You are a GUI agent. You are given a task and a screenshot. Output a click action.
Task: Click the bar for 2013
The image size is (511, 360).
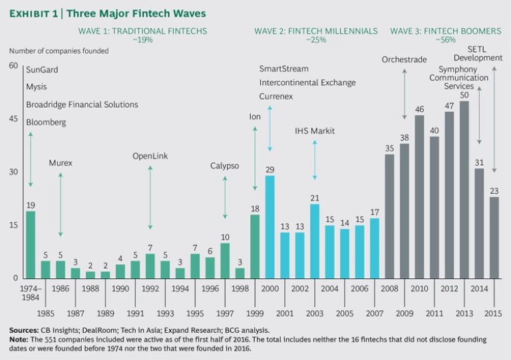pos(464,190)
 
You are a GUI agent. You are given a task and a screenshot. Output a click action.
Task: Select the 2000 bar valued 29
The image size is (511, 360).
pos(269,227)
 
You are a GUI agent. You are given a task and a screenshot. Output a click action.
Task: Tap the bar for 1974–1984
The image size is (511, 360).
pos(31,244)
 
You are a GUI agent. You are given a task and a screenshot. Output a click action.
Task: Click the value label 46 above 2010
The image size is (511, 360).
pos(419,109)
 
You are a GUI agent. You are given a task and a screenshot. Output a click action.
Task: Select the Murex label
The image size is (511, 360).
pos(60,163)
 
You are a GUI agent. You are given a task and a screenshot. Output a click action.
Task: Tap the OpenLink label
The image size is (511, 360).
pos(150,156)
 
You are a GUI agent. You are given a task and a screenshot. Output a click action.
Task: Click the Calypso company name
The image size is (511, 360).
pos(225,166)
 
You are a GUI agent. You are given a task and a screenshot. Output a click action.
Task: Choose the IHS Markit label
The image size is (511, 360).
pos(315,131)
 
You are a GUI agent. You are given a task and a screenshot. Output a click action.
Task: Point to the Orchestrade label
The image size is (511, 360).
pos(404,59)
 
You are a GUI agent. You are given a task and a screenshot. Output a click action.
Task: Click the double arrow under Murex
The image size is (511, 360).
pos(61,204)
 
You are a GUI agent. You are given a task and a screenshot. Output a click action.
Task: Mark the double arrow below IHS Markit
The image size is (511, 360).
pos(315,160)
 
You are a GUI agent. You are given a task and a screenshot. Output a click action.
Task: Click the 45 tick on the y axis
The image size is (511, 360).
pos(14,119)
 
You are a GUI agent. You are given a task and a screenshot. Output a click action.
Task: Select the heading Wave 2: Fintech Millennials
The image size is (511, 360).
pos(315,31)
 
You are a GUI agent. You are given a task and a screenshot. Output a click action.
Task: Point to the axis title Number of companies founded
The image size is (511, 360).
pos(58,51)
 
